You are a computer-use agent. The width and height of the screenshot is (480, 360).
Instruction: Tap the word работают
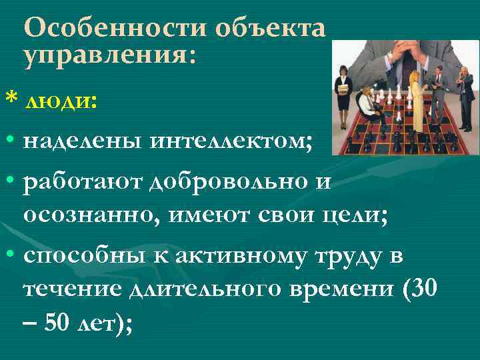pyautogui.click(x=86, y=183)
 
